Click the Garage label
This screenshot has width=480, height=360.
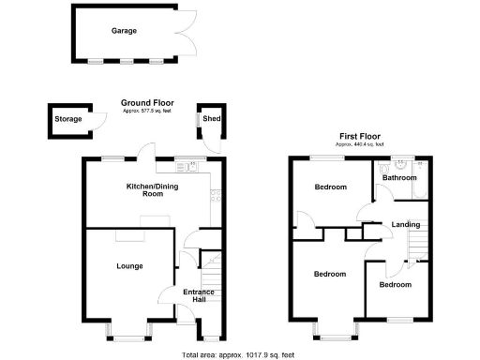tap(125, 31)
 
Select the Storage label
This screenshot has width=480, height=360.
tap(67, 119)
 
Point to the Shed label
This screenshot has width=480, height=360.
tap(210, 119)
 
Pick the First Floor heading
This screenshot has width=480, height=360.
tap(360, 136)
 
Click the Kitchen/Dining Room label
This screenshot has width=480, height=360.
tap(152, 190)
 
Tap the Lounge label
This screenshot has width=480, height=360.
tap(129, 266)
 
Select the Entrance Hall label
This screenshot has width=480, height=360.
tap(200, 297)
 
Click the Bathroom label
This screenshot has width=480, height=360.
tap(399, 177)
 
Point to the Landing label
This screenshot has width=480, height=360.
tap(406, 225)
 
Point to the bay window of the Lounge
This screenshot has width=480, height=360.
tap(129, 330)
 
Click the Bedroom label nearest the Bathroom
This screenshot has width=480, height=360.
tap(328, 187)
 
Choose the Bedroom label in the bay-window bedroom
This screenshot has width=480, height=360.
tap(329, 275)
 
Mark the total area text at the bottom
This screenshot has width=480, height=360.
tap(238, 354)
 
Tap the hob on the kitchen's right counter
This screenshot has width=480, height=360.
tap(216, 196)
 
